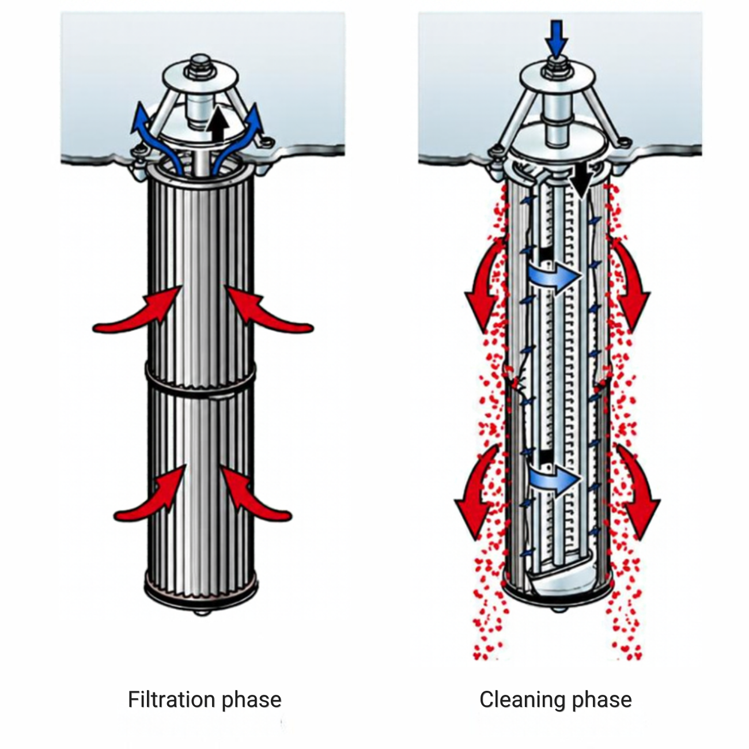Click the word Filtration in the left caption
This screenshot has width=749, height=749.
[171, 699]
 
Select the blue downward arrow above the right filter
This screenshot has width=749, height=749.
[556, 39]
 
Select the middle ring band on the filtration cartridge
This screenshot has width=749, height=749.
[201, 376]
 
